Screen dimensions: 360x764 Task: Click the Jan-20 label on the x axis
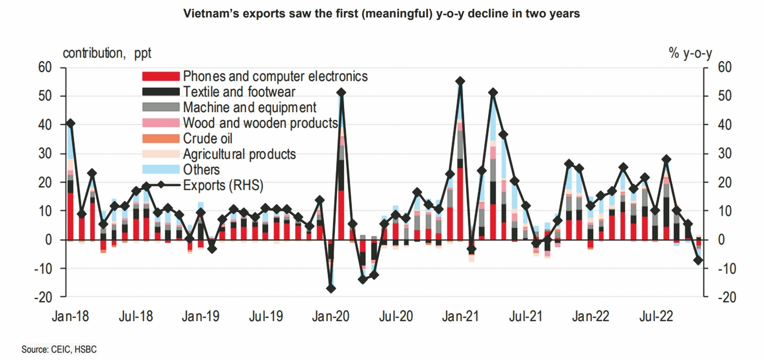pyautogui.click(x=331, y=316)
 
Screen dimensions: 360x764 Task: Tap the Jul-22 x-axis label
pyautogui.click(x=656, y=316)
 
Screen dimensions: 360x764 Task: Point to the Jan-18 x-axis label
pyautogui.click(x=70, y=316)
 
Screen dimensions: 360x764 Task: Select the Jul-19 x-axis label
pyautogui.click(x=266, y=316)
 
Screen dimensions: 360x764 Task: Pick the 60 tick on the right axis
pyautogui.click(x=725, y=67)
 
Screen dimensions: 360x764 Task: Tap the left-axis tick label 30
pyautogui.click(x=45, y=153)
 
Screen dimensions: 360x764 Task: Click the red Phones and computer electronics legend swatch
pyautogui.click(x=161, y=76)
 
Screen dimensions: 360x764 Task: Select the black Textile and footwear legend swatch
pyautogui.click(x=161, y=91)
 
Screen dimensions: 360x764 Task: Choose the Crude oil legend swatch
pyautogui.click(x=161, y=138)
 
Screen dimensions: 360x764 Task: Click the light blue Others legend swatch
pyautogui.click(x=161, y=169)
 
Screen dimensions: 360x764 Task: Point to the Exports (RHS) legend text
pyautogui.click(x=223, y=185)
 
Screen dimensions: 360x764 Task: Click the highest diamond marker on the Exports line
pyautogui.click(x=460, y=81)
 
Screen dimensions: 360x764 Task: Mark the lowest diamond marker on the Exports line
pyautogui.click(x=331, y=288)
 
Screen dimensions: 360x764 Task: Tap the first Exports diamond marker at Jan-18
pyautogui.click(x=70, y=123)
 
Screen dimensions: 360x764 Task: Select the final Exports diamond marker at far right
pyautogui.click(x=698, y=260)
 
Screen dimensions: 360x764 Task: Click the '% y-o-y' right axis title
pyautogui.click(x=690, y=53)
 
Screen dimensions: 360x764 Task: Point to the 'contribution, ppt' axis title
pyautogui.click(x=107, y=53)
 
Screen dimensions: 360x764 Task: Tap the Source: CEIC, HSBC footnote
pyautogui.click(x=59, y=349)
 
